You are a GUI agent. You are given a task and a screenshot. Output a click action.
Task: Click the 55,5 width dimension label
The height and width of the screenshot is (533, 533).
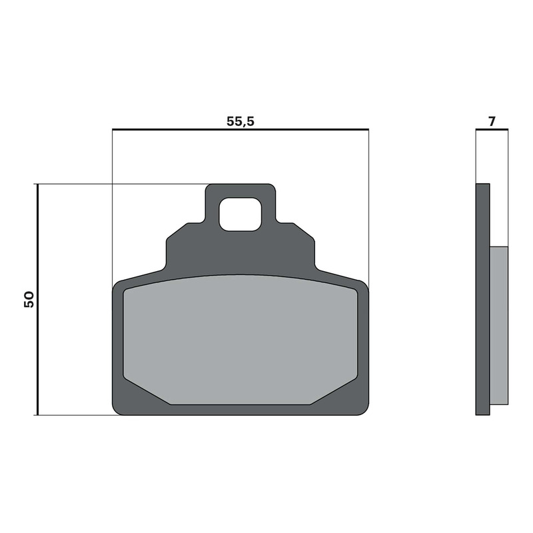[241, 121]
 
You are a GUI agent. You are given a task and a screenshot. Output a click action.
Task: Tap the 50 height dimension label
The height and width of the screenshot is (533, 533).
[29, 299]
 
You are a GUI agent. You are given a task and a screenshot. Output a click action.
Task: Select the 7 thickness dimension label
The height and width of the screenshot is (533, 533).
[492, 121]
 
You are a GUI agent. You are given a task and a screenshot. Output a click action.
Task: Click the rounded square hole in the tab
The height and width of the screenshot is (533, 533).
[241, 214]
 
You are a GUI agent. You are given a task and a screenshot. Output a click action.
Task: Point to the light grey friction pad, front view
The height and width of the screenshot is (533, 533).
[241, 339]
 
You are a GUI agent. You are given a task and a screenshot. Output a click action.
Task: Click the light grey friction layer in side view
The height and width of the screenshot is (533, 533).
[498, 325]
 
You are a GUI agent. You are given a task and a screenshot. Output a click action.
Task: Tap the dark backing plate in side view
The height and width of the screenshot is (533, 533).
[482, 299]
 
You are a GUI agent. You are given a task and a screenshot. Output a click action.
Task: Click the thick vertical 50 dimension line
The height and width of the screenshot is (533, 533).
[38, 299]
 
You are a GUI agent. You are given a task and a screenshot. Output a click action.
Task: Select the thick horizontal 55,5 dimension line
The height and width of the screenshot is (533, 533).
[241, 129]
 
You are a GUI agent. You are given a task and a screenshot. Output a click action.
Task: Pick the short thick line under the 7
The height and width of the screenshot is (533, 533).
[492, 129]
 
